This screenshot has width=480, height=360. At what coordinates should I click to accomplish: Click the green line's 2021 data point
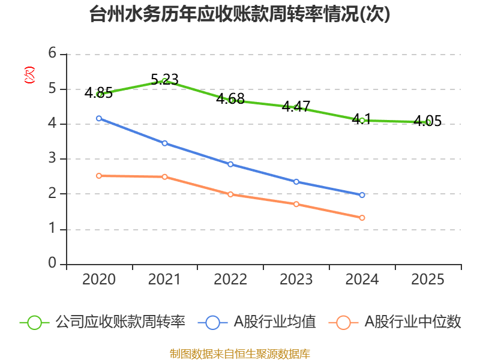pos(164,81)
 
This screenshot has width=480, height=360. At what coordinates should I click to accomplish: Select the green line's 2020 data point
pos(99,94)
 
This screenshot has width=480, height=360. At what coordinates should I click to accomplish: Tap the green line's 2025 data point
pos(428,122)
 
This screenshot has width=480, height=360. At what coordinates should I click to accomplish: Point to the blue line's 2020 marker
pos(99,118)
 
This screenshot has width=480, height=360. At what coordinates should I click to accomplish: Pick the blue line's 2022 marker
pos(230,164)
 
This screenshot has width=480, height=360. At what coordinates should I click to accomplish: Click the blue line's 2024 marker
pos(362,195)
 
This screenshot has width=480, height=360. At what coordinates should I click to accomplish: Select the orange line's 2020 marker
pos(99,176)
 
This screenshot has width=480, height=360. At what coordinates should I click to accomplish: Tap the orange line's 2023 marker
pos(296,204)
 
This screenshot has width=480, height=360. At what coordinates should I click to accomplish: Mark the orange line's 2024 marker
pos(362,218)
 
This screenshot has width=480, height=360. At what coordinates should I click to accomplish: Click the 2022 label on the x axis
pos(230,280)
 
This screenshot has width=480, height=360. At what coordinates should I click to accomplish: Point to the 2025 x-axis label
pos(428,280)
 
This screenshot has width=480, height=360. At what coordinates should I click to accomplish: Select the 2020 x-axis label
pos(99,280)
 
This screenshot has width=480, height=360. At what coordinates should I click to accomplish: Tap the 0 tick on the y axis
pos(53,263)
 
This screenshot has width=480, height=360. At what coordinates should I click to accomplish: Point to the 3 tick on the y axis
pos(53,158)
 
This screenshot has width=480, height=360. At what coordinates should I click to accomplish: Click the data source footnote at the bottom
pos(239,353)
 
